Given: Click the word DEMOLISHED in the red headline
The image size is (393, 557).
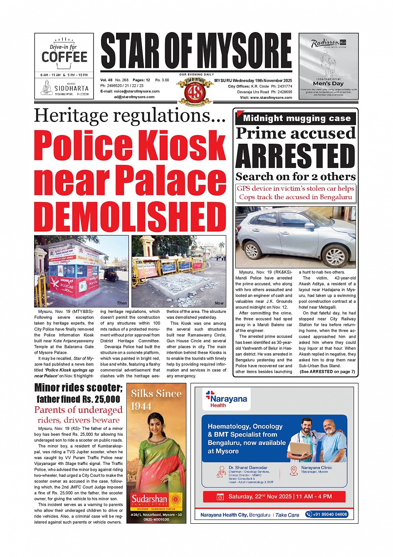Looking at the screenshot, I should (130, 217).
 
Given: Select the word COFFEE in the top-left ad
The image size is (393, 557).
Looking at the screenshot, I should (64, 57).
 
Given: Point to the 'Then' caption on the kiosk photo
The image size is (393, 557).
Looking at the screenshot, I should (122, 303).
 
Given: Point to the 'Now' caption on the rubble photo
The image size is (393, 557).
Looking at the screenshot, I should (219, 303).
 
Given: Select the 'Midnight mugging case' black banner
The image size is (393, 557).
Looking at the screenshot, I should (296, 118).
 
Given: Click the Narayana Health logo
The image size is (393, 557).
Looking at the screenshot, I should (227, 399).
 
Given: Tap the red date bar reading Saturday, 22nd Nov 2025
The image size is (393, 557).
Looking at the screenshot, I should (274, 497).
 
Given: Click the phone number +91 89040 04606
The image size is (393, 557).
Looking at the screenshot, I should (327, 515).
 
